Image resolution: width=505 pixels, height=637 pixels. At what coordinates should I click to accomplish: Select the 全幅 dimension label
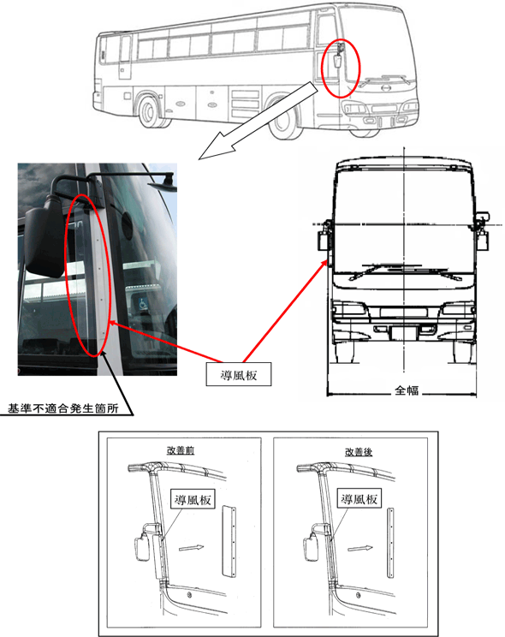point(407,390)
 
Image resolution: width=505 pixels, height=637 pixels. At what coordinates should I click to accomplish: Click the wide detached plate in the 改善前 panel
point(228,540)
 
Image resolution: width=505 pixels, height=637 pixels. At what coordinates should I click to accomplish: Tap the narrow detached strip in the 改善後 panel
point(389,541)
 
